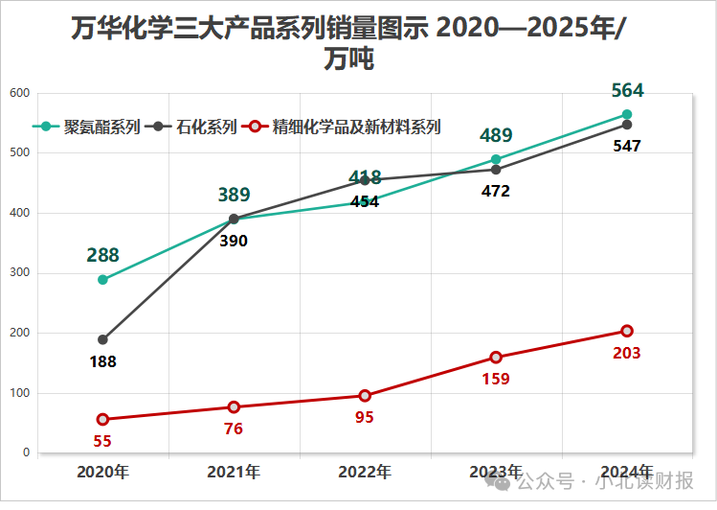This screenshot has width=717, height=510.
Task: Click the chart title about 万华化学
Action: pos(348,43)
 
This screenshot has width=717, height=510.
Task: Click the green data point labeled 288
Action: pos(102,280)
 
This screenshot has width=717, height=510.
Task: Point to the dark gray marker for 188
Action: pos(102,339)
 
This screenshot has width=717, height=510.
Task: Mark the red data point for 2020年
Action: pos(102,419)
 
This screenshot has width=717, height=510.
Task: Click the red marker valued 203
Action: pos(627,331)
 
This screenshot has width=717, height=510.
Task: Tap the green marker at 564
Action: pos(627,115)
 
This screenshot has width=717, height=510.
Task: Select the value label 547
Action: pos(626,147)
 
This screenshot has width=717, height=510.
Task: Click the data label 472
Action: pos(495,191)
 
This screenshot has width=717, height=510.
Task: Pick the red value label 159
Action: pos(495,379)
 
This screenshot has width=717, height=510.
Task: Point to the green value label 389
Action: pos(234,196)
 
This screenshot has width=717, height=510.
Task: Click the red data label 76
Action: pos(234,429)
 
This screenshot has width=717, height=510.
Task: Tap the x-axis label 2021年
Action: pos(234,472)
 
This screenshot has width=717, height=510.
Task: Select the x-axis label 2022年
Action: pos(365,472)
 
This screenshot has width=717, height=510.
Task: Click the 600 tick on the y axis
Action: pos(19,93)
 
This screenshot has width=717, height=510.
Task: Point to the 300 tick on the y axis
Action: pos(19,273)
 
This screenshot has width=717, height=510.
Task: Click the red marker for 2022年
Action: pos(365,396)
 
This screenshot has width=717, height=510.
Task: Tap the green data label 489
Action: pos(496,136)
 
